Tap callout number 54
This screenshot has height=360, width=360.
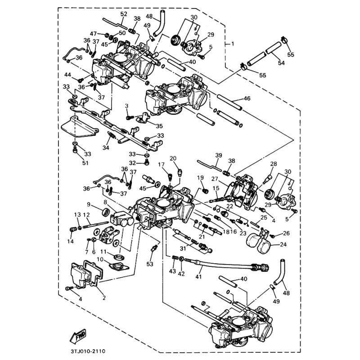point(282,64)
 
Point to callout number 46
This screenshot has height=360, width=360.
point(247,98)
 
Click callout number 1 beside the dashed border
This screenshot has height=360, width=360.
point(232,44)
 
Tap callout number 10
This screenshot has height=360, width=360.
point(99,260)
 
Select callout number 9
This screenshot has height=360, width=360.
point(89,204)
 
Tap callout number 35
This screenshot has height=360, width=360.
point(159,126)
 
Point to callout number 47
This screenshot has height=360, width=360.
point(93,34)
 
